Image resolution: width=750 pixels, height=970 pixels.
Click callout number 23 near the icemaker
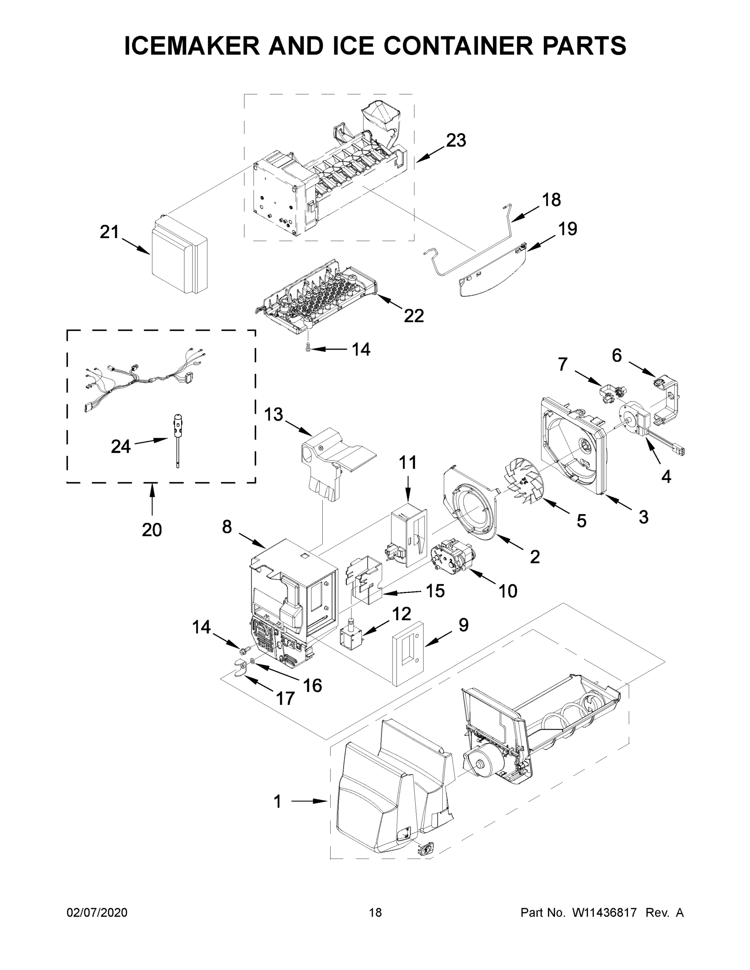click(456, 140)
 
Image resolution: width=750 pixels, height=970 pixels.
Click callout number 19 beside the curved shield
click(567, 229)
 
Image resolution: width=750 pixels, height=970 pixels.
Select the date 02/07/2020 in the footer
click(97, 912)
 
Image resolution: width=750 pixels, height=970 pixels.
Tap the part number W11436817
click(605, 912)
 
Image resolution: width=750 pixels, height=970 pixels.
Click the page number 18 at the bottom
click(376, 912)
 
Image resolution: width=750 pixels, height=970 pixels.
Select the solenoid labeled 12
click(351, 638)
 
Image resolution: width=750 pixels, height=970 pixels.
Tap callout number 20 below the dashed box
click(152, 529)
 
